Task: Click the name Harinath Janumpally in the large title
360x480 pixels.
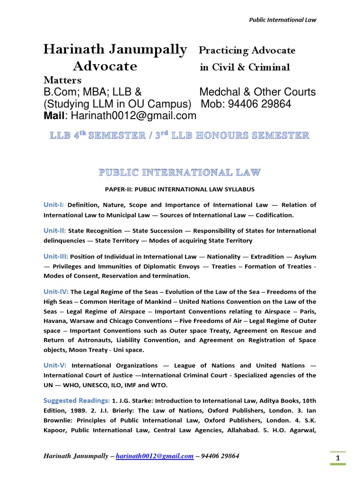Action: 115,50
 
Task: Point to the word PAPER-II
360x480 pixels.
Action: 125,189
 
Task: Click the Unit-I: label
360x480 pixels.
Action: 55,205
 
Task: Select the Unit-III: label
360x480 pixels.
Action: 56,256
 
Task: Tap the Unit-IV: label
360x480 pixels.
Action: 56,292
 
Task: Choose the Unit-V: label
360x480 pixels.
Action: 55,365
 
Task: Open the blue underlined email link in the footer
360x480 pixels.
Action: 154,456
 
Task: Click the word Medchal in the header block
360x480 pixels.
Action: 219,92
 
